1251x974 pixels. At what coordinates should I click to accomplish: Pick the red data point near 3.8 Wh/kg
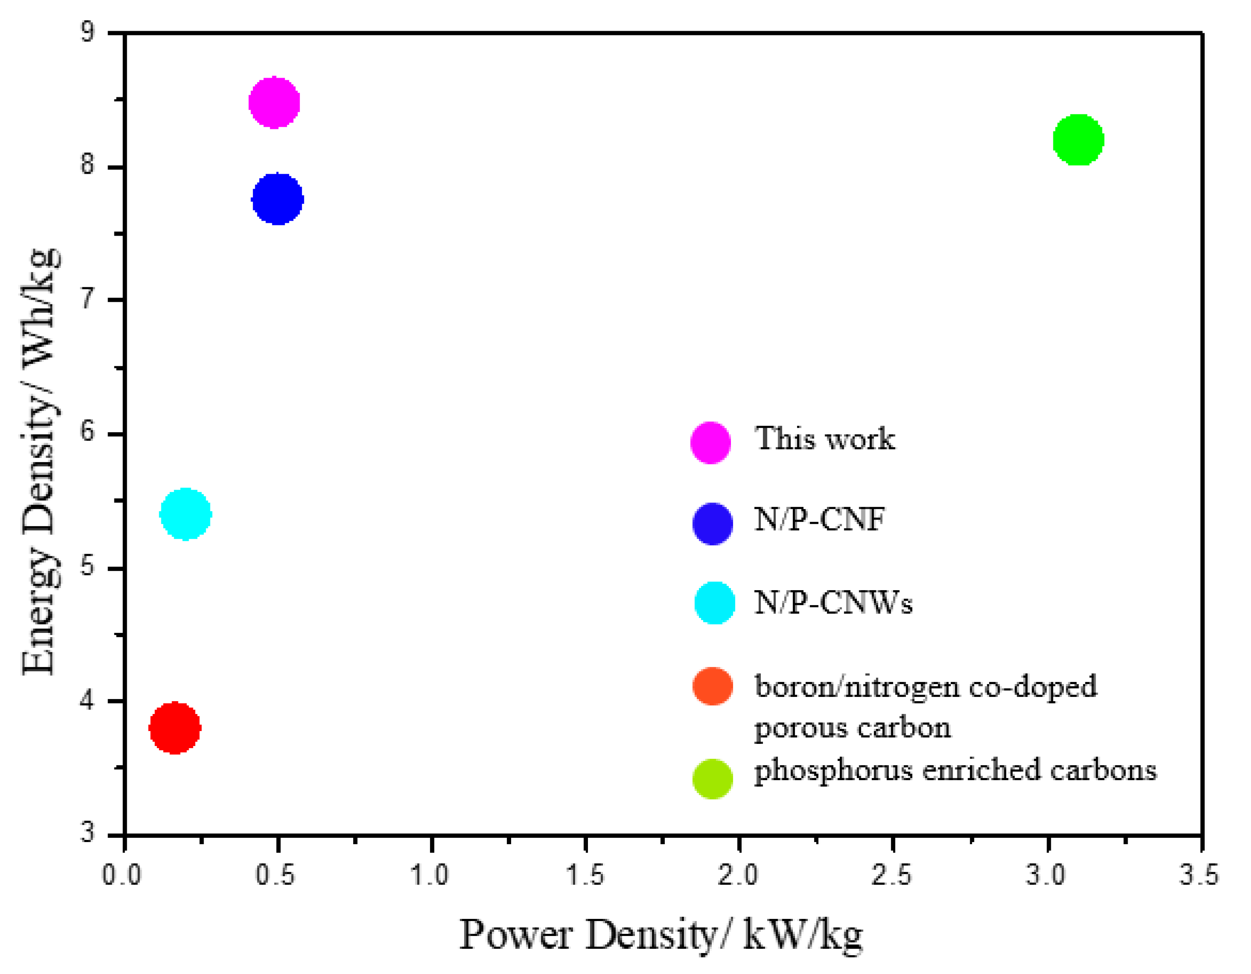click(175, 728)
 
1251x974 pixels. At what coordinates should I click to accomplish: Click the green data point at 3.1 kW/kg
click(1078, 139)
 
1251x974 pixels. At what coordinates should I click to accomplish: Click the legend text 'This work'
click(824, 439)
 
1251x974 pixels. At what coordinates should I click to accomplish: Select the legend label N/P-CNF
click(819, 519)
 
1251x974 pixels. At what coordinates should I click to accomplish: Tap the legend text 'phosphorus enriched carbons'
click(955, 770)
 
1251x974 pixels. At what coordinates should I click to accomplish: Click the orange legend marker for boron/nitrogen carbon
click(713, 686)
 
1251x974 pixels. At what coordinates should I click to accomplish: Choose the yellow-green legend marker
click(712, 778)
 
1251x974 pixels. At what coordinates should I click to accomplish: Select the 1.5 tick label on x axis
click(585, 875)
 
